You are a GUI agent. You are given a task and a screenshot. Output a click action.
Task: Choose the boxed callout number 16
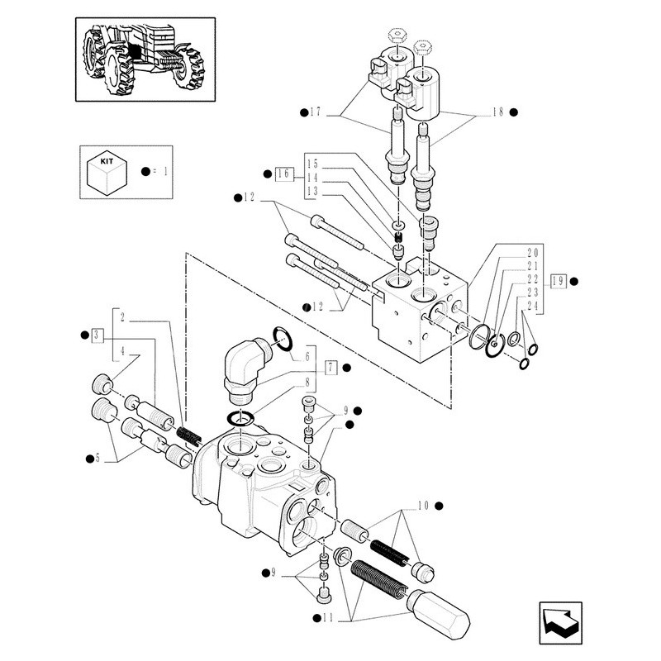(284, 174)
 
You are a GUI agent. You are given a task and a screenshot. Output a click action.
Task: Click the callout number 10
(422, 504)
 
